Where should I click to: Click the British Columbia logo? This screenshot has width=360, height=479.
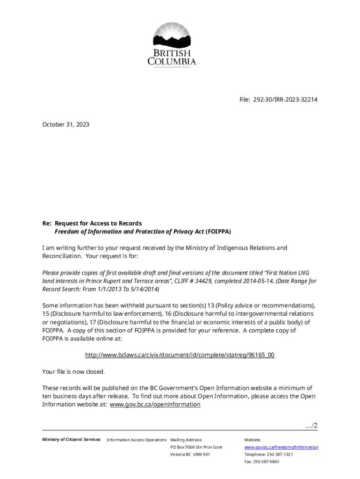click(x=172, y=44)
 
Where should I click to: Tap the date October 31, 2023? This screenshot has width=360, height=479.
click(x=65, y=125)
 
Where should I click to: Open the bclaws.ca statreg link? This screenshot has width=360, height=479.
click(x=180, y=355)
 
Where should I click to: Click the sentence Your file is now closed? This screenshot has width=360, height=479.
click(x=73, y=371)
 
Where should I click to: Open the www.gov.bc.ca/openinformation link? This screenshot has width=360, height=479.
click(x=155, y=405)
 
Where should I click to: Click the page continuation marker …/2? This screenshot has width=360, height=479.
click(x=311, y=425)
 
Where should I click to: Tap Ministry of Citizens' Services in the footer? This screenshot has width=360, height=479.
click(x=71, y=440)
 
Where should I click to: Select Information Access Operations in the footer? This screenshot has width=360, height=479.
click(x=137, y=440)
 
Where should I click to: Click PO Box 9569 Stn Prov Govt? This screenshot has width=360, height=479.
click(x=196, y=447)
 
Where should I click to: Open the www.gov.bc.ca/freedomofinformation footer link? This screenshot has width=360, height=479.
click(x=281, y=447)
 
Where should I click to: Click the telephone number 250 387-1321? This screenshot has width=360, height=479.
click(x=280, y=455)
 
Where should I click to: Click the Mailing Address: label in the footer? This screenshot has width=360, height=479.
click(x=186, y=440)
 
